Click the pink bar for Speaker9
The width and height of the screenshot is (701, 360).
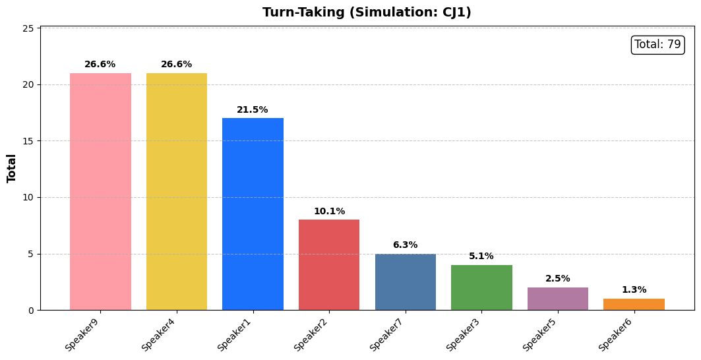(101, 191)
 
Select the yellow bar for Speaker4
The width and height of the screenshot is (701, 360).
(177, 191)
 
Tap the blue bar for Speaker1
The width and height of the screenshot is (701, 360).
(253, 214)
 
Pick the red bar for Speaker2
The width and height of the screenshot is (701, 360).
(329, 265)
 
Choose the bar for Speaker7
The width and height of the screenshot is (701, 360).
(406, 282)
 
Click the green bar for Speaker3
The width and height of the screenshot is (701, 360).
(481, 287)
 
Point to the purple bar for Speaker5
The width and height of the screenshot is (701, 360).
(558, 299)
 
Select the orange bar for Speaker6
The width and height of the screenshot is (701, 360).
(634, 305)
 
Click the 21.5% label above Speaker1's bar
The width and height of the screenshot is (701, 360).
(253, 109)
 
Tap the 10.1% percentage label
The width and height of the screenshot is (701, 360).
(330, 211)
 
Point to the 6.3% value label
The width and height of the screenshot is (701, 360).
(406, 245)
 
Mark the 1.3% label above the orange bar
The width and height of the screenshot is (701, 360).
(634, 290)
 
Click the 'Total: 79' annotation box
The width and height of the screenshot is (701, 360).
(657, 44)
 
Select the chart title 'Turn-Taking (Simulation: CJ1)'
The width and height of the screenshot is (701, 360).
(367, 12)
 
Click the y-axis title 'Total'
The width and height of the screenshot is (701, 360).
(11, 169)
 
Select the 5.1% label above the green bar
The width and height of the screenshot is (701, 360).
(481, 256)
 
